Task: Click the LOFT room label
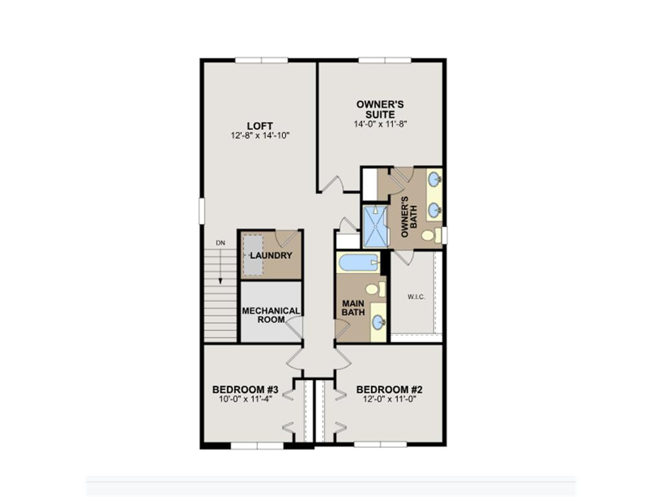(x=259, y=126)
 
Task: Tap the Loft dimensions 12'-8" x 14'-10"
(x=259, y=136)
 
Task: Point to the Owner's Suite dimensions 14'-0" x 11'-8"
(x=380, y=123)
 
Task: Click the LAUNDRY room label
(x=271, y=256)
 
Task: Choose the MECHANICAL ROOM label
(x=271, y=315)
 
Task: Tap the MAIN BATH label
(x=353, y=308)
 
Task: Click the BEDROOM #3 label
(x=245, y=390)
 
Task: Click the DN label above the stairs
(x=220, y=243)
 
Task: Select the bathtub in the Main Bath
(x=358, y=262)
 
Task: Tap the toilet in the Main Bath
(x=374, y=289)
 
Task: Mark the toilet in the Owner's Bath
(x=430, y=235)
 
